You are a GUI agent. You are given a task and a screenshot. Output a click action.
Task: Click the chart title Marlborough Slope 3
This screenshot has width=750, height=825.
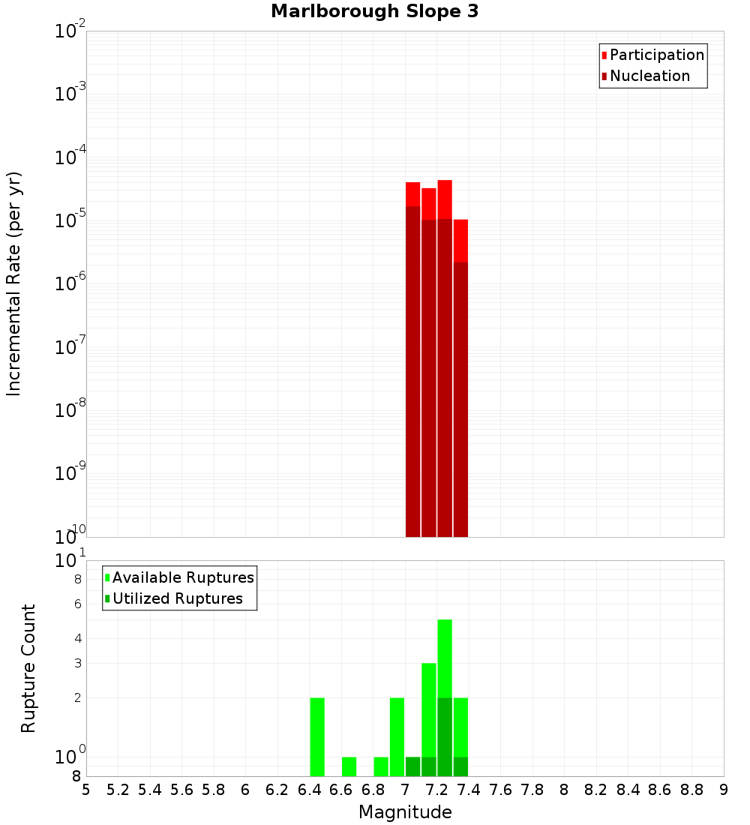(x=374, y=11)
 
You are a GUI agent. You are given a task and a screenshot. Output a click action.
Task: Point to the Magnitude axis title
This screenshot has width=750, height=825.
(x=405, y=812)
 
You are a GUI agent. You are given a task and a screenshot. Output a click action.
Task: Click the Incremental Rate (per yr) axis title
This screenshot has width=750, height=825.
(x=13, y=284)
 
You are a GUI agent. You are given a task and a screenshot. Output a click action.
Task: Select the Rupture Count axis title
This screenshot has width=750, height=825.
(x=28, y=668)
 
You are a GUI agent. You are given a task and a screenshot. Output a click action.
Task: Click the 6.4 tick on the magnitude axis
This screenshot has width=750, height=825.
(x=309, y=790)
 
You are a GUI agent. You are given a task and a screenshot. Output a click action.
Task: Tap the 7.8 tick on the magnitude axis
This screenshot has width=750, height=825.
(x=532, y=790)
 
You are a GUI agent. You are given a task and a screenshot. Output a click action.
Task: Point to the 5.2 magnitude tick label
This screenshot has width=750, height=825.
(x=118, y=790)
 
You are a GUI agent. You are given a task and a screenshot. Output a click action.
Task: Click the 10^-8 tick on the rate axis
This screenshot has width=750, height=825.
(x=70, y=410)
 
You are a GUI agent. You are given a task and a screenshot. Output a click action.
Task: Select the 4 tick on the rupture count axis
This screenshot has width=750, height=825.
(x=77, y=639)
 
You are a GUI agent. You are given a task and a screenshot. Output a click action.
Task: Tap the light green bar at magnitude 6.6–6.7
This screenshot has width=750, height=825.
(x=349, y=766)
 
